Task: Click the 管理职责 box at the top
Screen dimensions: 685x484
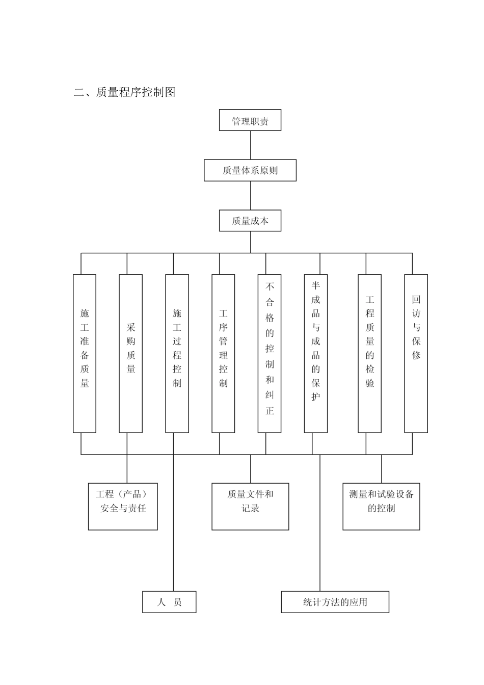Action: tap(250, 121)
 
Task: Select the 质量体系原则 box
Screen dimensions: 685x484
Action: tap(250, 170)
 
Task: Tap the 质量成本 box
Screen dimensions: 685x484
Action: tap(250, 221)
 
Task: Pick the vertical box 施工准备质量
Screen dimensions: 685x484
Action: tap(85, 354)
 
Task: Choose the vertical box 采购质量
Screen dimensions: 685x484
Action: tap(130, 354)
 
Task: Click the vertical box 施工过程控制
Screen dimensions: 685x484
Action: tap(177, 354)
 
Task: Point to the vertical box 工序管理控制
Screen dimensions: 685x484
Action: tap(223, 354)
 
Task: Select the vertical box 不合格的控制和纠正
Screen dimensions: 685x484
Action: tap(270, 354)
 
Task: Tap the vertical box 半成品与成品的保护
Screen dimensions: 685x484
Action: tap(316, 354)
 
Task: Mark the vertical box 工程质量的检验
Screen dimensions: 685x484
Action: tap(369, 354)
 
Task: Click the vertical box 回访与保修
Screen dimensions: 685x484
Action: tap(416, 354)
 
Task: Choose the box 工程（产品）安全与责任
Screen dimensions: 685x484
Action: tap(123, 506)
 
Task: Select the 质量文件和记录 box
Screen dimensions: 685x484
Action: tap(250, 506)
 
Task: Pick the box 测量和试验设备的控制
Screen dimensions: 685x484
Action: tap(381, 506)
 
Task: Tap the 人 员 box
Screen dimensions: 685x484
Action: tap(169, 602)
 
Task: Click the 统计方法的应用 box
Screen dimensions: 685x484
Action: tap(335, 602)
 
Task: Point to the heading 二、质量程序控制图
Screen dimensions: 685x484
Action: tap(125, 92)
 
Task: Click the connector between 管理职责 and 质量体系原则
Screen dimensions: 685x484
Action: tap(250, 145)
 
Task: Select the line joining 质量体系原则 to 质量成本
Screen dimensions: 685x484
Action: tap(250, 196)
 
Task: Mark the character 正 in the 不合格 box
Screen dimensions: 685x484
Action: tap(270, 411)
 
